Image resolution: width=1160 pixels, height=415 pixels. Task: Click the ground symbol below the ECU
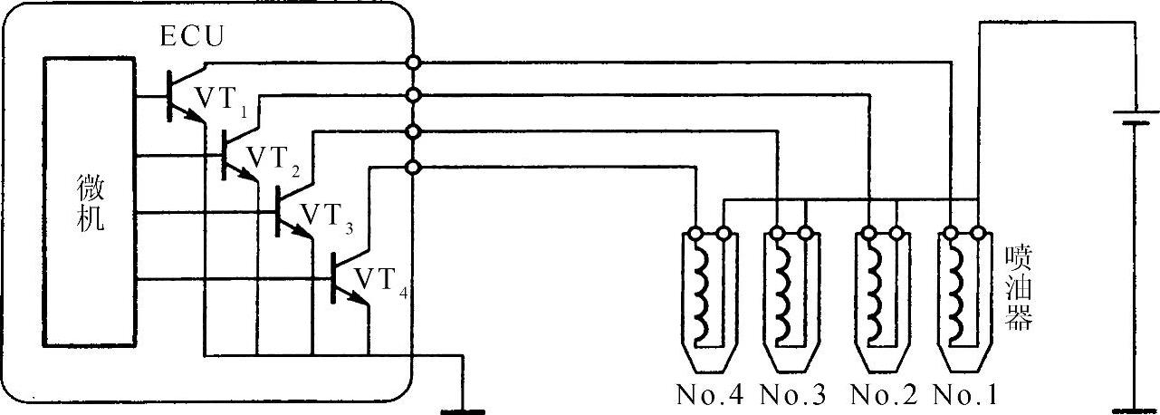463,410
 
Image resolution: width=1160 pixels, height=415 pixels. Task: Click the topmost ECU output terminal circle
413,63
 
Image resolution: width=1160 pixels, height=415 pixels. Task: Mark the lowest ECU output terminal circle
413,167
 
